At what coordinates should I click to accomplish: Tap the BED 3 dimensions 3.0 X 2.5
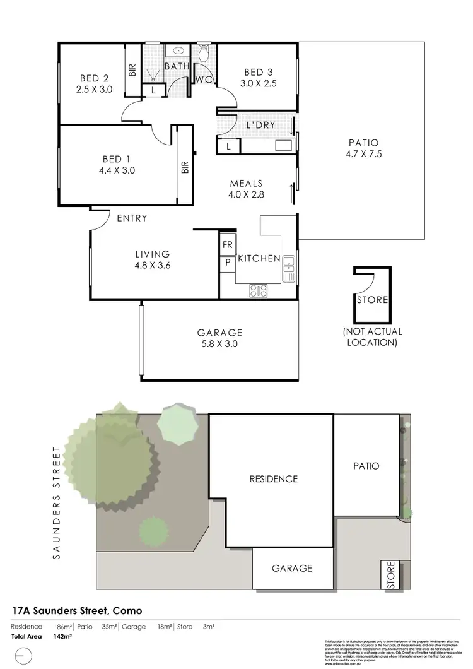[259, 83]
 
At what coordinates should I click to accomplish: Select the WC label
[203, 80]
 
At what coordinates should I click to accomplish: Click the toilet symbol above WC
[203, 54]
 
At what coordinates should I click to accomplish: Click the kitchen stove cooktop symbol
[259, 290]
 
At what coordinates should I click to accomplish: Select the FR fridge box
[227, 244]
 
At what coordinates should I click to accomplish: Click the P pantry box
[227, 263]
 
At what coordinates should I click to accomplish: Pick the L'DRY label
[260, 125]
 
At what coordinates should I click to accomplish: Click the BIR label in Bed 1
[185, 168]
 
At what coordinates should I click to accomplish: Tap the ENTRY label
[132, 218]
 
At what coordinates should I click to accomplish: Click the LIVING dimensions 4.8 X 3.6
[153, 266]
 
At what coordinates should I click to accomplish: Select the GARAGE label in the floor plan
[219, 333]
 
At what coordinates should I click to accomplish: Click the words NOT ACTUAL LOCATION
[372, 337]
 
